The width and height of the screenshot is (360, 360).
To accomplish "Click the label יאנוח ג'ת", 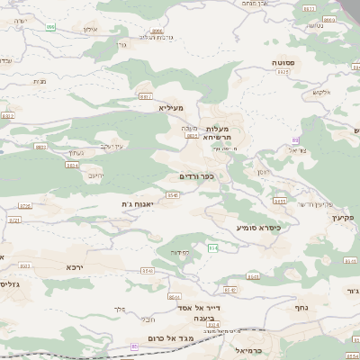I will pos(139,204).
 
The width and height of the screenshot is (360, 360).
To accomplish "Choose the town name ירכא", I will pos(75,267).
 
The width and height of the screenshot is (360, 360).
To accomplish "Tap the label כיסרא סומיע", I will pos(259,228).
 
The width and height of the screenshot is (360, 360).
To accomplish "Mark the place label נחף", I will pos(302,307).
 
